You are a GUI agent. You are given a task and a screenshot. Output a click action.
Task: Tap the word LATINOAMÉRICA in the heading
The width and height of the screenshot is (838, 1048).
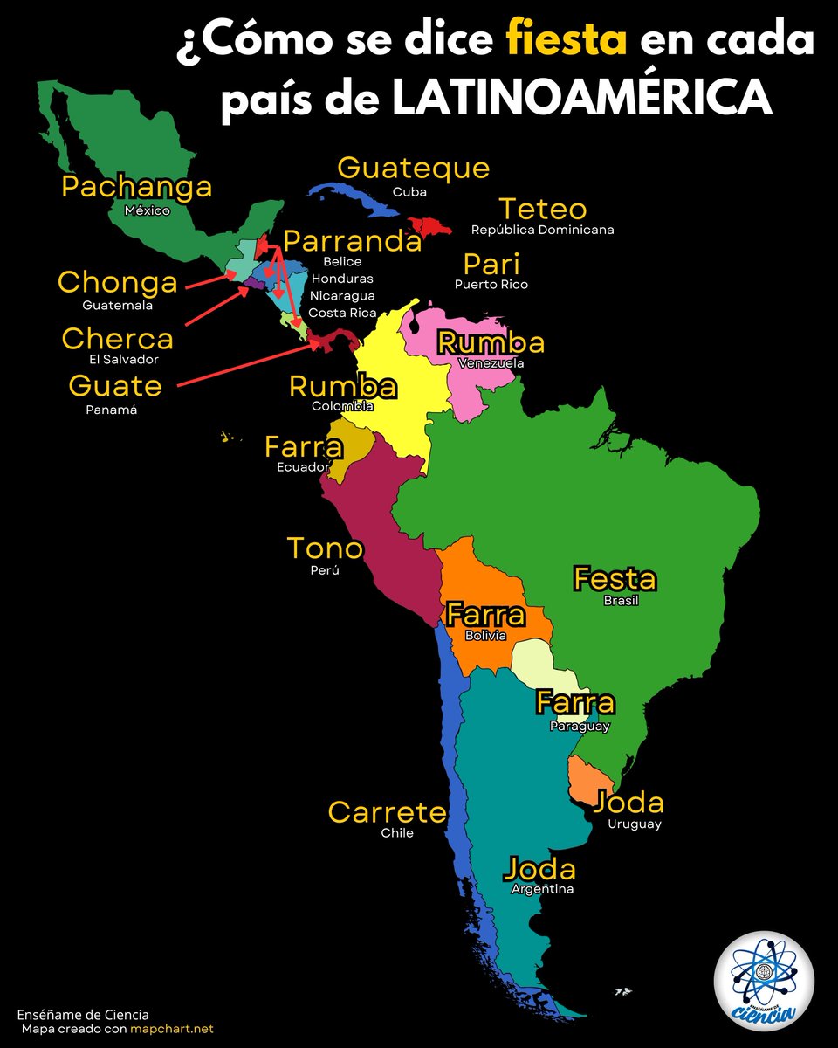tap(582, 98)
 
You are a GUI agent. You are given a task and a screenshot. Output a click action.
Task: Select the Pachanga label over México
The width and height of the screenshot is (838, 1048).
tap(137, 187)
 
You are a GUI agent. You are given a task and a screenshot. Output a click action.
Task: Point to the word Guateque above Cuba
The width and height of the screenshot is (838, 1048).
tap(413, 168)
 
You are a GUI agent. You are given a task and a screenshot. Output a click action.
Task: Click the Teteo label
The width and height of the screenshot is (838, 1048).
tap(542, 210)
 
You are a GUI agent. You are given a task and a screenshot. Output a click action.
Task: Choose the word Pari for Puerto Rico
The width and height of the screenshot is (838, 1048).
tap(491, 264)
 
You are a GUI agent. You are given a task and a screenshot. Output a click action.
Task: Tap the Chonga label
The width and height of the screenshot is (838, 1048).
tap(117, 283)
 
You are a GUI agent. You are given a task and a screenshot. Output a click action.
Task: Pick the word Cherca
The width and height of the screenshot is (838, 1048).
tap(117, 338)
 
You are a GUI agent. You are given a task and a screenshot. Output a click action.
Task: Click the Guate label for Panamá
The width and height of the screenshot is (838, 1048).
tap(114, 385)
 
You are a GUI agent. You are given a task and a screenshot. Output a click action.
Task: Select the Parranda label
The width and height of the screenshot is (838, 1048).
tap(353, 241)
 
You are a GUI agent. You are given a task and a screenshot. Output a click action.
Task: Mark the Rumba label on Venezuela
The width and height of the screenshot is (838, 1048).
tap(491, 343)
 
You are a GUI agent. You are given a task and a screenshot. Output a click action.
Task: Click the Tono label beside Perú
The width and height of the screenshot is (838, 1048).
tap(325, 548)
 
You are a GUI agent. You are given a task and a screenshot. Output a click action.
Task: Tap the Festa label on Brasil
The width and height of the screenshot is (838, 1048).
tap(614, 579)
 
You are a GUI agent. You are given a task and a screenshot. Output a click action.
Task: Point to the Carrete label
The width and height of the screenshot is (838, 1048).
tap(387, 812)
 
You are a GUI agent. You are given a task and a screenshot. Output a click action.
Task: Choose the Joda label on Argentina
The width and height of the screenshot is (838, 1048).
tap(540, 869)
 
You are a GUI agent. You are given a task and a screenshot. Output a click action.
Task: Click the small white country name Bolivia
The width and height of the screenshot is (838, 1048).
tap(485, 636)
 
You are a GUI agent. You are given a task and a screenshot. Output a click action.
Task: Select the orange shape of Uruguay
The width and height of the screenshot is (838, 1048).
tap(587, 778)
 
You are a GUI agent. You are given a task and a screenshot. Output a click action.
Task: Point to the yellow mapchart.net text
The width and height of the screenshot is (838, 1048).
tap(172, 1029)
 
